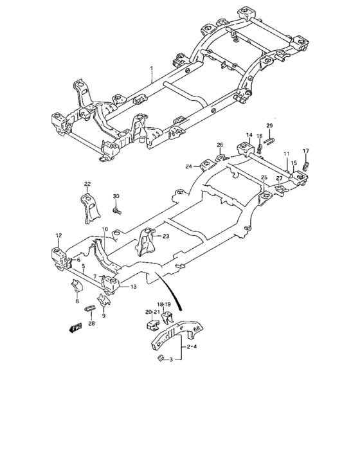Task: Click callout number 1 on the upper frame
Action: pyautogui.click(x=152, y=68)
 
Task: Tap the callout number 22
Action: pyautogui.click(x=87, y=184)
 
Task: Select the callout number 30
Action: pyautogui.click(x=116, y=196)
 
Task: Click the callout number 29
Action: pyautogui.click(x=270, y=125)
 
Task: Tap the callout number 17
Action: pyautogui.click(x=306, y=151)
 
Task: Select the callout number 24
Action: pyautogui.click(x=189, y=166)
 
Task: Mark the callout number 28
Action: pyautogui.click(x=91, y=323)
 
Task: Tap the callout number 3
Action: pyautogui.click(x=171, y=361)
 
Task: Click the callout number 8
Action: pyautogui.click(x=77, y=301)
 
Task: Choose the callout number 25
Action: pyautogui.click(x=264, y=177)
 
